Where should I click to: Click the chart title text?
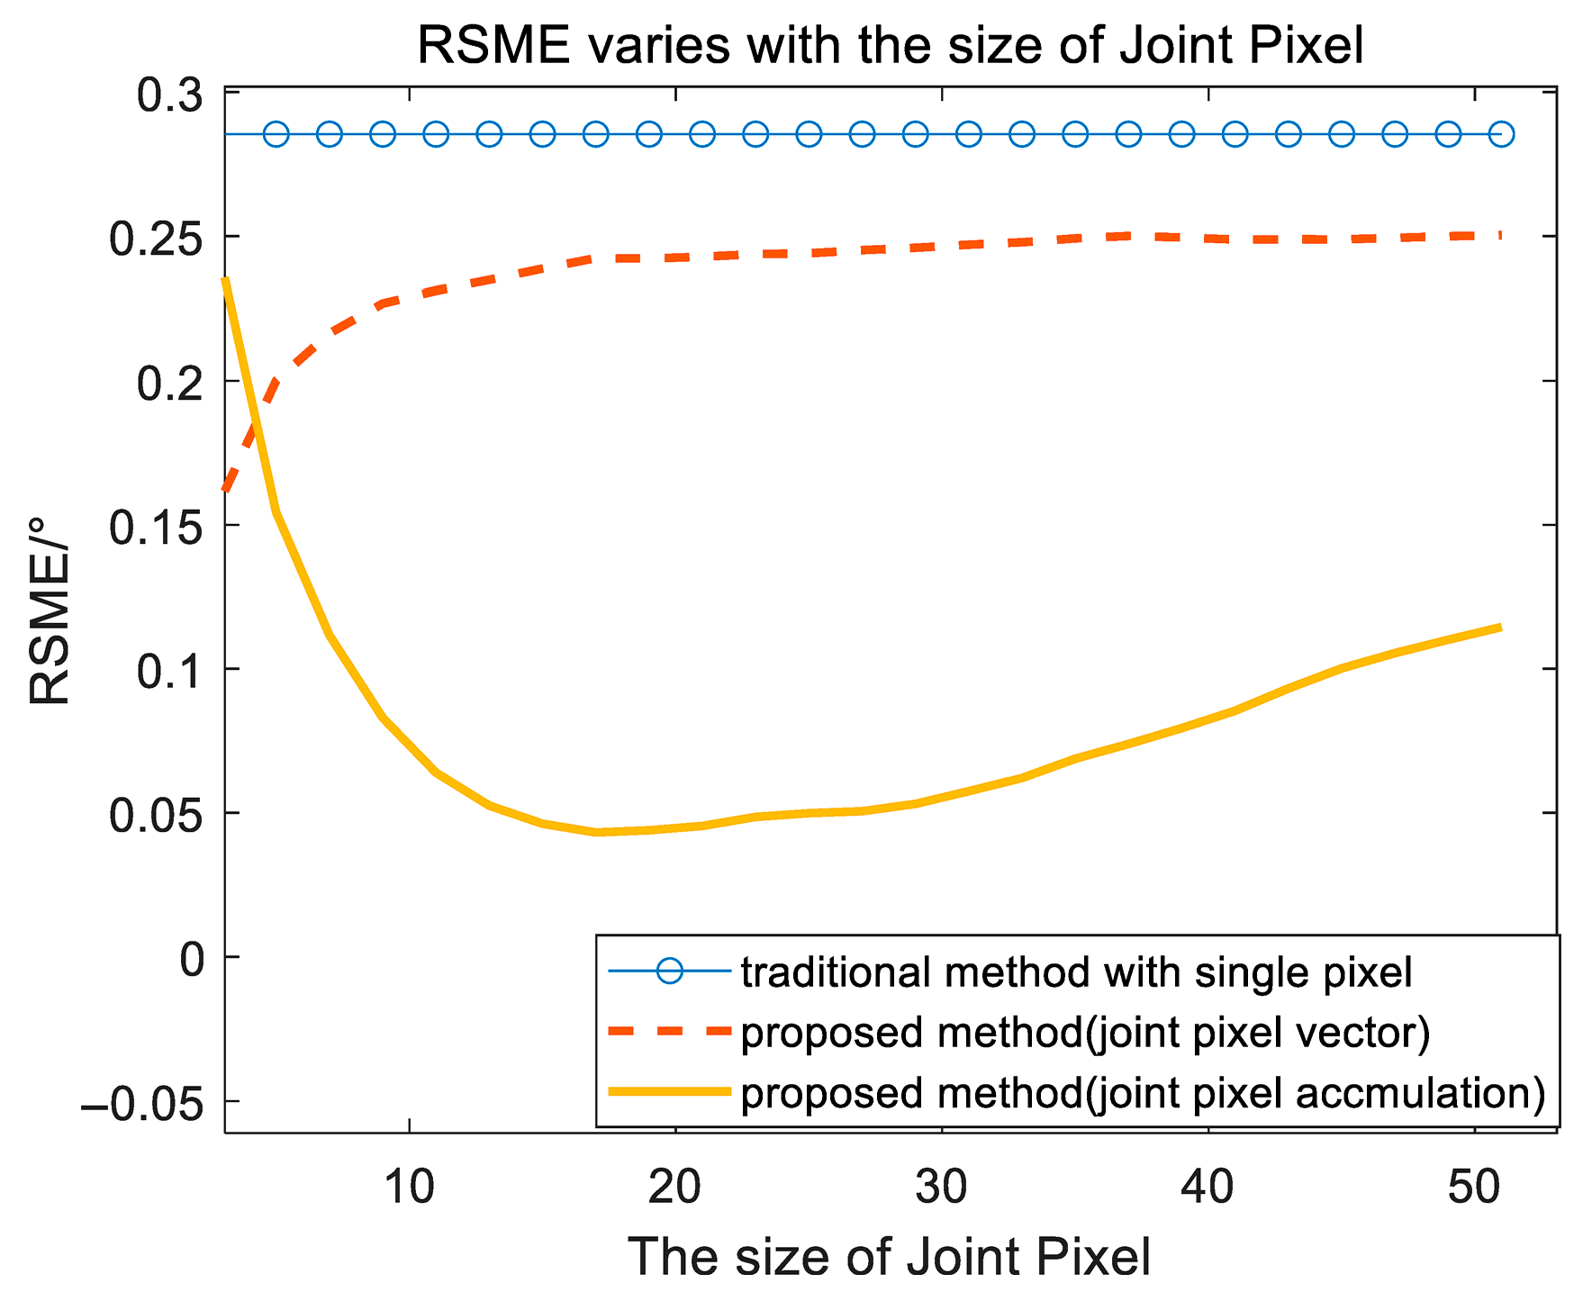tap(890, 45)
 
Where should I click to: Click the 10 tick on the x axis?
tap(409, 1188)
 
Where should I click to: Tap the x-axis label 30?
tap(941, 1188)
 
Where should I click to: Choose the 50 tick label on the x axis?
tap(1473, 1188)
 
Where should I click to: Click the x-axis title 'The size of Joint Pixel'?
tap(889, 1256)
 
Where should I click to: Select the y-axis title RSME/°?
tap(49, 611)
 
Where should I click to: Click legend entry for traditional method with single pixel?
tap(1076, 972)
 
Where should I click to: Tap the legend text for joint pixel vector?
tap(1085, 1033)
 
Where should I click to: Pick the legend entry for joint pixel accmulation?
tap(1143, 1093)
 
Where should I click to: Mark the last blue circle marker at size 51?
tap(1501, 134)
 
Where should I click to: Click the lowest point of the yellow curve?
tap(596, 832)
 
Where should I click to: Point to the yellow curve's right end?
tap(1499, 628)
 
